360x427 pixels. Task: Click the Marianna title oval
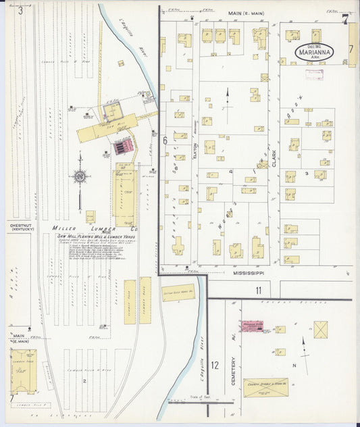point(316,53)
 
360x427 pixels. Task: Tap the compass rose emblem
point(80,176)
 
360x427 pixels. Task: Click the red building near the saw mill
point(123,147)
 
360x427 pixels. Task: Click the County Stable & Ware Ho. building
point(265,388)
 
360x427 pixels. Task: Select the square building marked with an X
point(322,330)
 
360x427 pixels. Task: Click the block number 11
point(258,291)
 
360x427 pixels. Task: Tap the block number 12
point(215,366)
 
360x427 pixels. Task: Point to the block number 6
point(165,141)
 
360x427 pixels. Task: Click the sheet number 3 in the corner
point(21,10)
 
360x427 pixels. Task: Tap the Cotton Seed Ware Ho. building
point(178,293)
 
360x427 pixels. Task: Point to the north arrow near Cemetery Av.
point(302,345)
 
